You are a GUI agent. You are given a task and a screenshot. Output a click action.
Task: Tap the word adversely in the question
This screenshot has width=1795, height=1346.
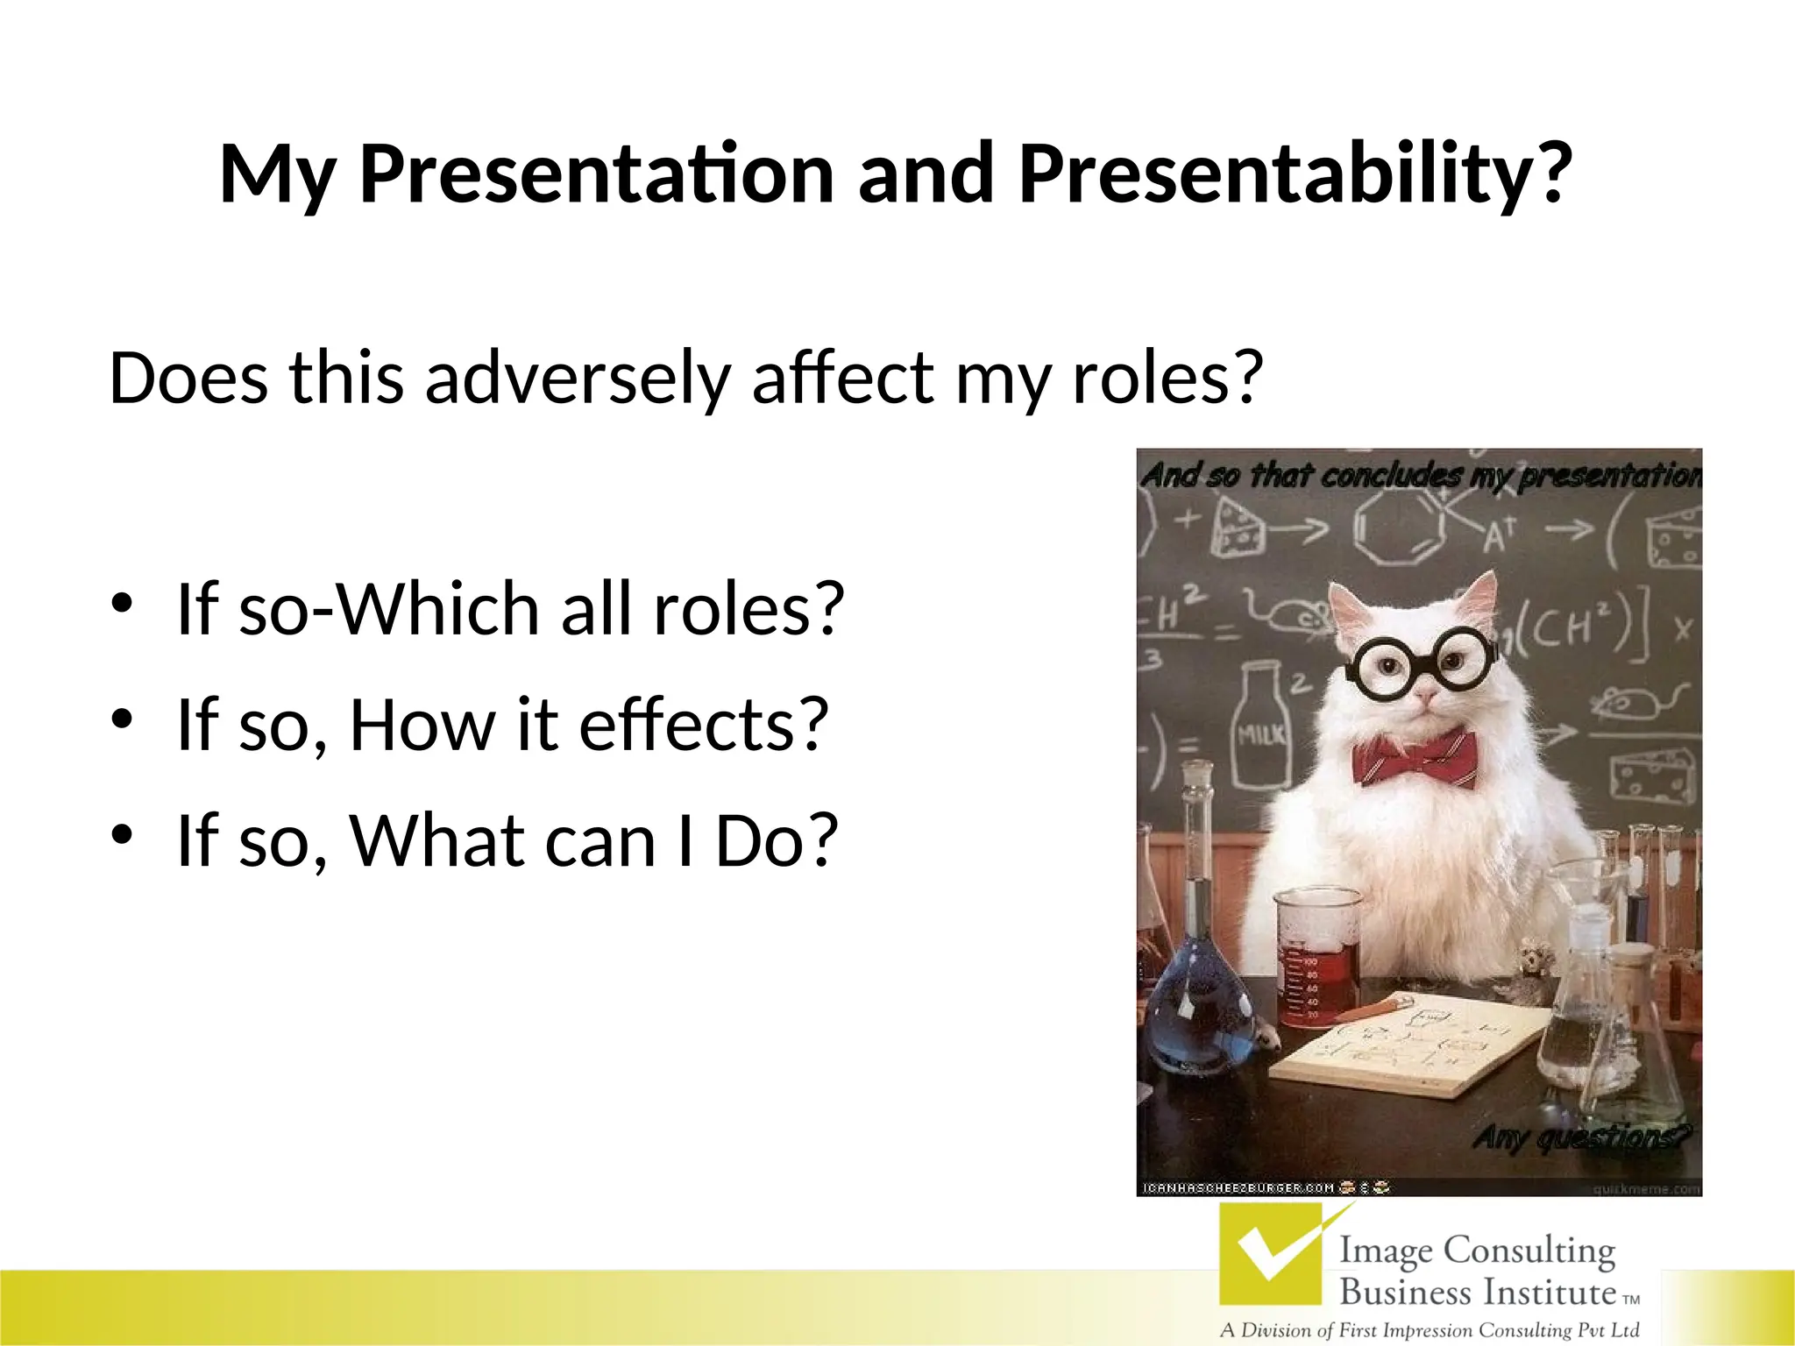(577, 379)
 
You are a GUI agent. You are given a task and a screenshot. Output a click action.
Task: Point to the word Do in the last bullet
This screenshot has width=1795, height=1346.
(766, 841)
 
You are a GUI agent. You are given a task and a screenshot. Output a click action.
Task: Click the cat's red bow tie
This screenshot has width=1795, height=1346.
(1413, 760)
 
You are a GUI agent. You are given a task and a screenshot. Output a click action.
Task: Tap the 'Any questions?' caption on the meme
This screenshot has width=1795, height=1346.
(1581, 1138)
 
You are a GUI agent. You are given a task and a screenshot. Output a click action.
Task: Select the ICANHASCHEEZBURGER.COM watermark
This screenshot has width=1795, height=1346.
(1236, 1188)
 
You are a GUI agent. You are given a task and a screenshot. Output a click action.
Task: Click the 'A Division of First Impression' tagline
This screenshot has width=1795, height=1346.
(1429, 1330)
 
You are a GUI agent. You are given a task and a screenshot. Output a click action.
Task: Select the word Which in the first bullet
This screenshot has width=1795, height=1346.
(438, 609)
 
